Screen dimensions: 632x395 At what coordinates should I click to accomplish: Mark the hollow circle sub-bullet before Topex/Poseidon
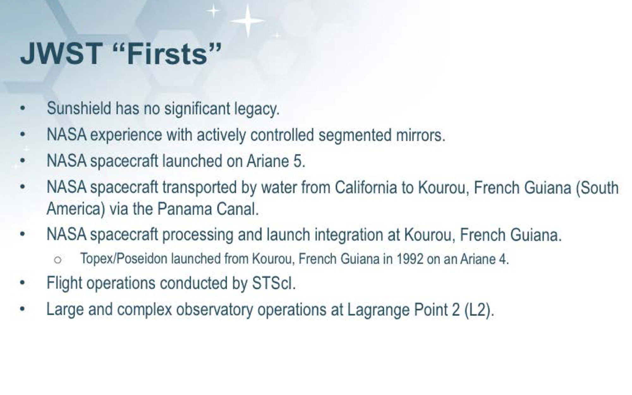58,260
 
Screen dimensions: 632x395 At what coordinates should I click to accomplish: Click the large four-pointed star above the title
247,21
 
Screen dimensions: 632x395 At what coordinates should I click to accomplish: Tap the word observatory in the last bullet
215,310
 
